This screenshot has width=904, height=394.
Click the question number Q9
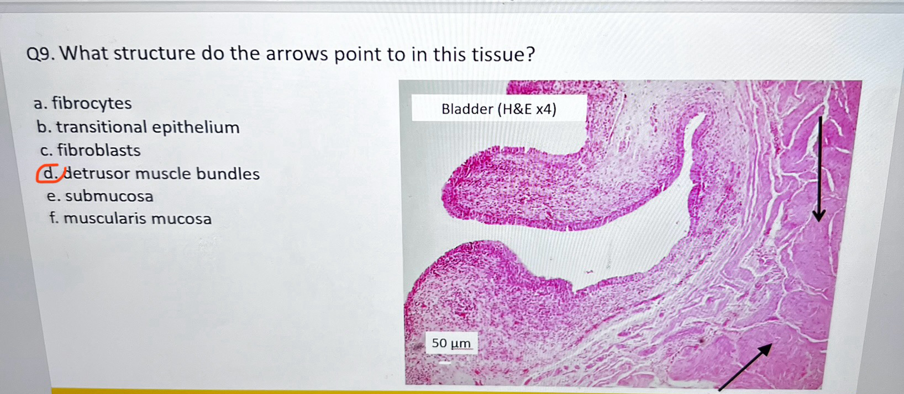pos(40,54)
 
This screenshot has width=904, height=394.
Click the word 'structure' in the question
pos(154,53)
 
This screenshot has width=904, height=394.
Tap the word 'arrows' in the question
pos(296,54)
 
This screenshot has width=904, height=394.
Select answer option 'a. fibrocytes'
pos(83,104)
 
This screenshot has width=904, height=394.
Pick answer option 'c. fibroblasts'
pos(91,150)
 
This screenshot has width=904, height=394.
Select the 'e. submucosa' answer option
pos(100,196)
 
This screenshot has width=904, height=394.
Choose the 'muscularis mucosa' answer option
pos(138,219)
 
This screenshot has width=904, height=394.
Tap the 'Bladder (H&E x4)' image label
pos(499,109)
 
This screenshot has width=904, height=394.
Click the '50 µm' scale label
pos(451,343)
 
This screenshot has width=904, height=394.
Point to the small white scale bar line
pos(445,363)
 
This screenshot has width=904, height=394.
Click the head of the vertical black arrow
pos(819,217)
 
